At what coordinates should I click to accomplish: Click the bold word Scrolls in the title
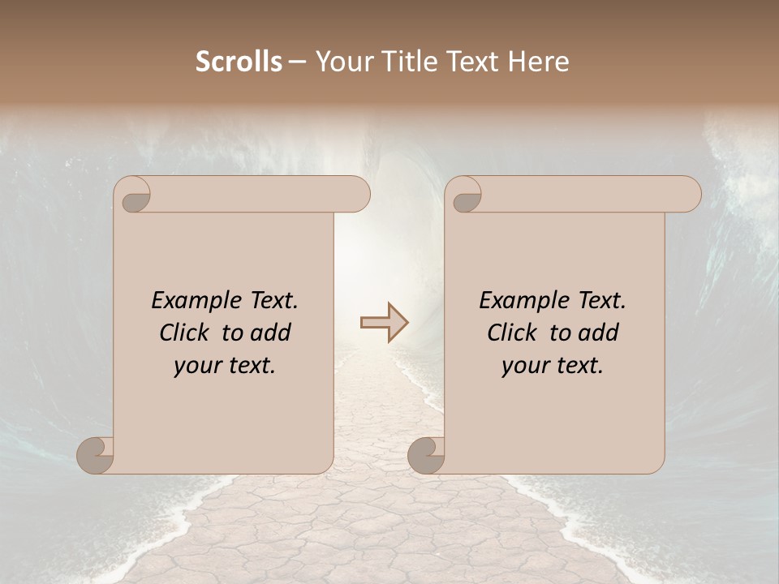pyautogui.click(x=239, y=62)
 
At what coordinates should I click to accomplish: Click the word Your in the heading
pyautogui.click(x=341, y=62)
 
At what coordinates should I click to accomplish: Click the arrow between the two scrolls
pyautogui.click(x=384, y=323)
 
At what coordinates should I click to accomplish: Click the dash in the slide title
pyautogui.click(x=297, y=62)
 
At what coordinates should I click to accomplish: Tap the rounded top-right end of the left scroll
pyautogui.click(x=357, y=194)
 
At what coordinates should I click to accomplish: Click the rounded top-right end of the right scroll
pyautogui.click(x=688, y=194)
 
